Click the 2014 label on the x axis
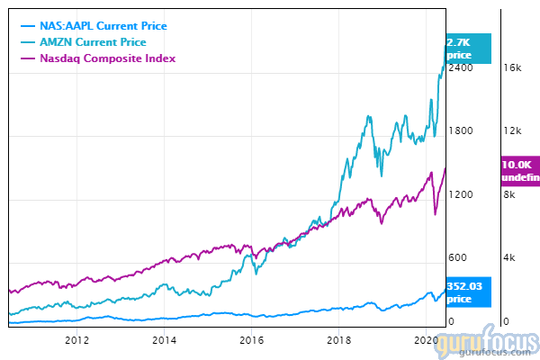[x=165, y=340]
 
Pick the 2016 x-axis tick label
[x=252, y=340]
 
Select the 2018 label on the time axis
[x=340, y=340]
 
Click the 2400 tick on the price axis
[x=461, y=67]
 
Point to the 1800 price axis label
[x=461, y=130]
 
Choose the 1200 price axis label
[x=461, y=194]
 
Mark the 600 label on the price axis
[x=458, y=258]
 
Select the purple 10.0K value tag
[x=518, y=171]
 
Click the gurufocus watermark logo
[x=493, y=344]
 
